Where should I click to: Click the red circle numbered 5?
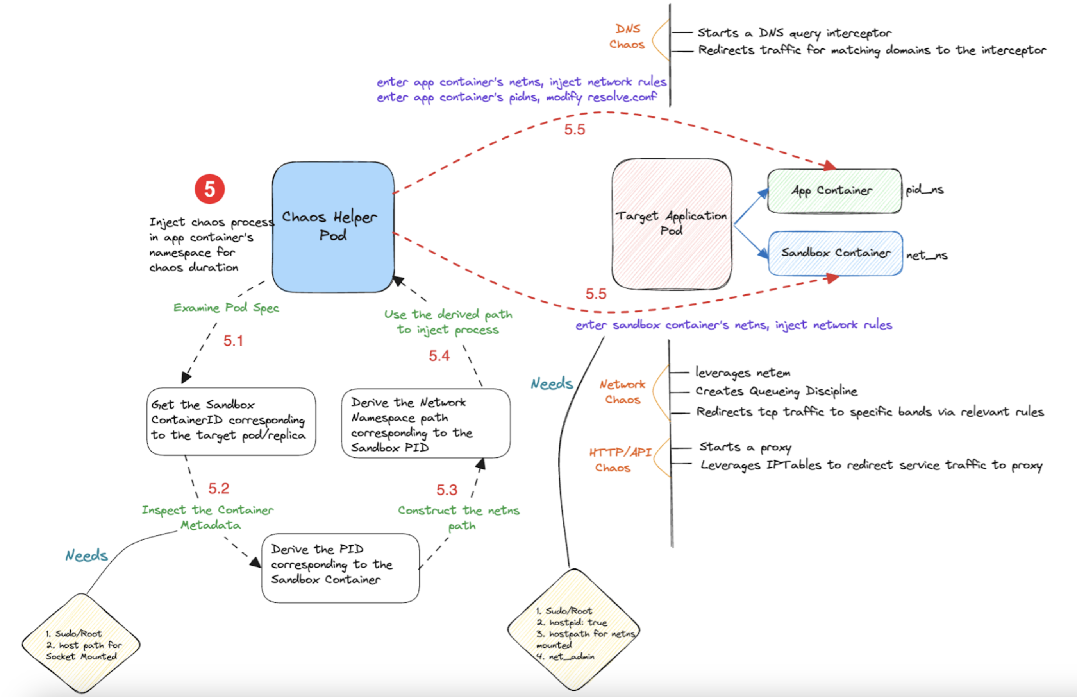pos(209,189)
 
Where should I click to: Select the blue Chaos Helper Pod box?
pos(333,226)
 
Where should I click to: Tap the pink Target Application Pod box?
pos(672,224)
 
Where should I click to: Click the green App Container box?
pos(834,190)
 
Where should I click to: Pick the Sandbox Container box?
pos(836,253)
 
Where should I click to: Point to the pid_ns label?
pos(924,190)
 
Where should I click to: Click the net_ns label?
pos(927,255)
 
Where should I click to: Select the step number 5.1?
pos(233,340)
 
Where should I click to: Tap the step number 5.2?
pos(218,488)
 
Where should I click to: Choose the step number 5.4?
pos(439,356)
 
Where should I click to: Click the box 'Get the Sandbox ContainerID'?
pos(230,421)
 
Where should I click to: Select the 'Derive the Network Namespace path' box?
pos(425,424)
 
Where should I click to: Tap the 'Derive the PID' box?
pos(340,568)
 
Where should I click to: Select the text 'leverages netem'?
pos(743,373)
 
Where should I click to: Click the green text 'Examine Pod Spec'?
pos(226,308)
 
